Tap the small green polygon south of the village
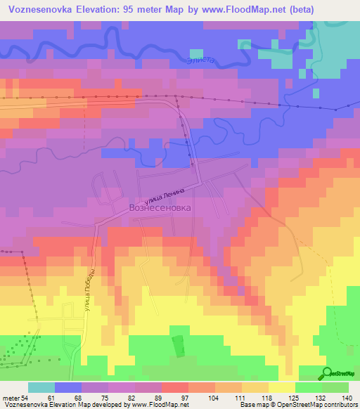(178, 346)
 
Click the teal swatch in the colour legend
(41, 388)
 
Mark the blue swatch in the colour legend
(68, 388)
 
